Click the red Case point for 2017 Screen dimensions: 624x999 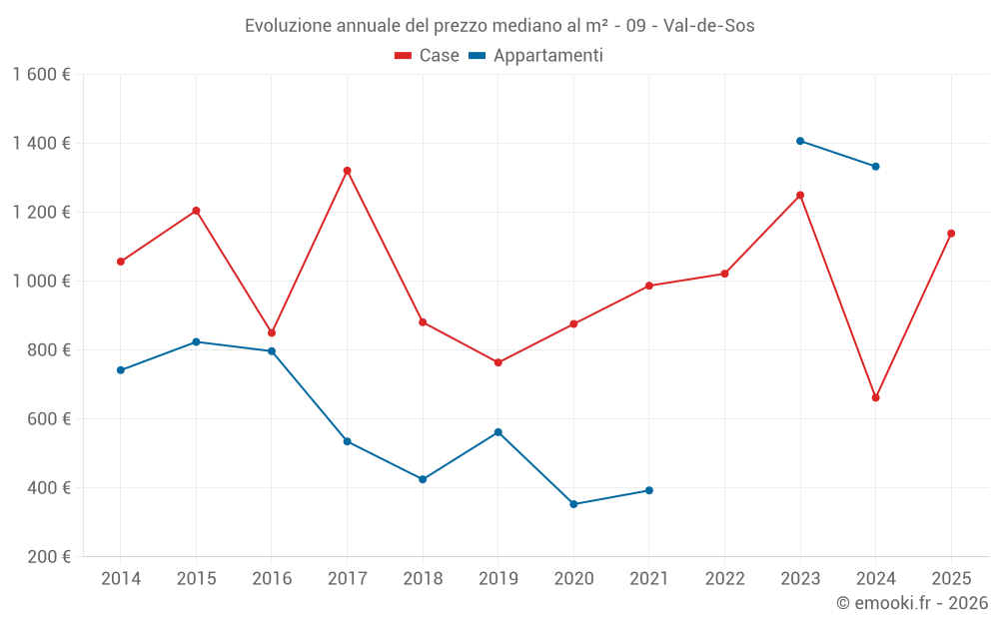(x=347, y=171)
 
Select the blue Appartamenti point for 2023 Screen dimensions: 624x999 (x=800, y=141)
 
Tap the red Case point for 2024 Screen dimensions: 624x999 (x=876, y=397)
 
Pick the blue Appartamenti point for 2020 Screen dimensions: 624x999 (x=573, y=504)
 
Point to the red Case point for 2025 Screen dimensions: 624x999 (x=951, y=234)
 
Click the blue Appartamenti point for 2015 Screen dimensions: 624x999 (x=196, y=342)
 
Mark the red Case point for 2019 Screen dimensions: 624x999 (x=498, y=362)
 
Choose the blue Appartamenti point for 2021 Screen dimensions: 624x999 (x=649, y=490)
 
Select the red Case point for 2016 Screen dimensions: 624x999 (x=272, y=333)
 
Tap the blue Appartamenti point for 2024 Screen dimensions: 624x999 (x=876, y=167)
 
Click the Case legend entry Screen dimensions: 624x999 (x=427, y=56)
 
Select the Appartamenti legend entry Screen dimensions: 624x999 (x=536, y=56)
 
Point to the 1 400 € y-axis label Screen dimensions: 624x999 (x=42, y=144)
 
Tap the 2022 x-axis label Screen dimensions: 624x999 (x=724, y=578)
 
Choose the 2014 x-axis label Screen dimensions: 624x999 (x=121, y=578)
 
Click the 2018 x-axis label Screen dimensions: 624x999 (x=423, y=578)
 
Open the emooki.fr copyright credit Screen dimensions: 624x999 (x=912, y=603)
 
